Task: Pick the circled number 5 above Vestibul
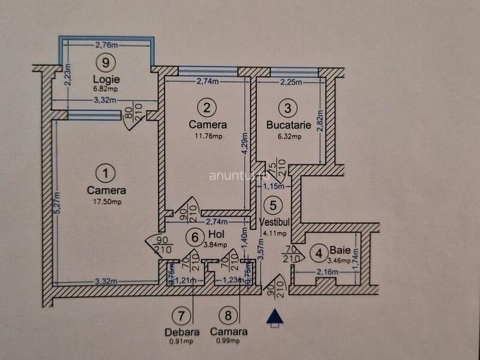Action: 274,206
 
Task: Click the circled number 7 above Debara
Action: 182,315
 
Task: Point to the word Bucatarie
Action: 288,125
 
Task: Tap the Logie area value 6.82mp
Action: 105,89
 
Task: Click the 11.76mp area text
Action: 208,136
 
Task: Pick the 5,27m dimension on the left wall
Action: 56,203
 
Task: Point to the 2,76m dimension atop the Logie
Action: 107,45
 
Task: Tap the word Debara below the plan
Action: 182,332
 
